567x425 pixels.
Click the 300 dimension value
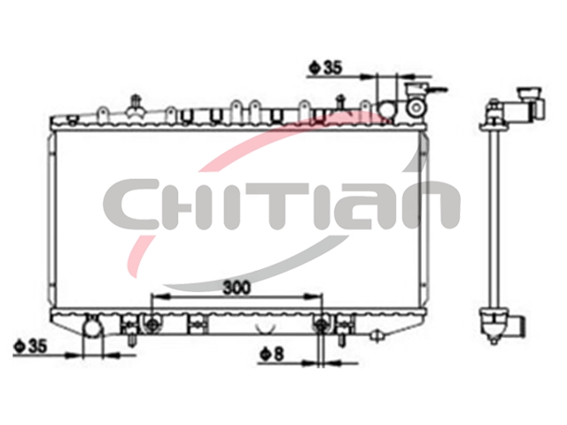[237, 288]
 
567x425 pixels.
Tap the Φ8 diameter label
[272, 354]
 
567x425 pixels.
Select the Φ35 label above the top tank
[325, 67]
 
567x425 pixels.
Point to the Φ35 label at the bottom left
[30, 346]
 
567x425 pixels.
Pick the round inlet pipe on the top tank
[386, 109]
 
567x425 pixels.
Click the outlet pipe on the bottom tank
[92, 327]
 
